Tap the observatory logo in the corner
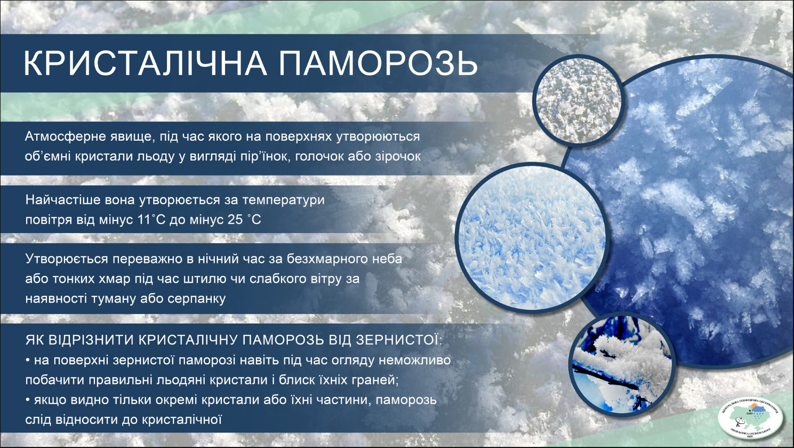tap(750, 419)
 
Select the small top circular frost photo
tap(578, 100)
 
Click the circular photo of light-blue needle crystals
tap(531, 238)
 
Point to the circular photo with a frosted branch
tap(621, 364)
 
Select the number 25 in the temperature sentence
tap(235, 220)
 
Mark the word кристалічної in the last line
tap(181, 420)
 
